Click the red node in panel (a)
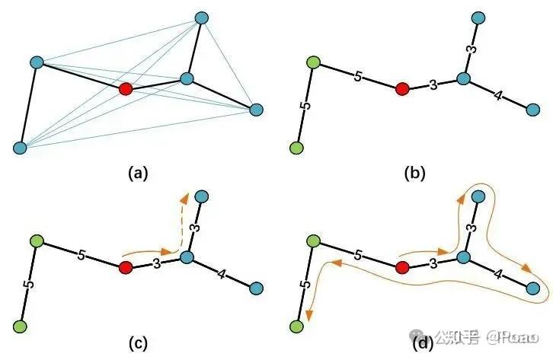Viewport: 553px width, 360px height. [126, 89]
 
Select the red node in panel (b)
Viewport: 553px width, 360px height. [403, 89]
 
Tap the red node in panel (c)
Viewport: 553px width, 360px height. [126, 267]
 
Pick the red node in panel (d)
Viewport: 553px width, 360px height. [403, 267]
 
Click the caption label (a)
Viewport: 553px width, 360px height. [137, 173]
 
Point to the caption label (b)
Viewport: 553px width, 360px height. [414, 173]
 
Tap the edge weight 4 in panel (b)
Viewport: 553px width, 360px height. [497, 96]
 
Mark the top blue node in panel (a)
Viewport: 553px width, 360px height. [202, 17]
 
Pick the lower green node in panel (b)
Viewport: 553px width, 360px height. [298, 148]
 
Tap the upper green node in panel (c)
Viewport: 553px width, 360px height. [36, 241]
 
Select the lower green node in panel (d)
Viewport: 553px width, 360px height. [298, 326]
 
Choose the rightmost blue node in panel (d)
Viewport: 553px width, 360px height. [533, 288]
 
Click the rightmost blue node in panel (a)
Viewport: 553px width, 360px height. [257, 110]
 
